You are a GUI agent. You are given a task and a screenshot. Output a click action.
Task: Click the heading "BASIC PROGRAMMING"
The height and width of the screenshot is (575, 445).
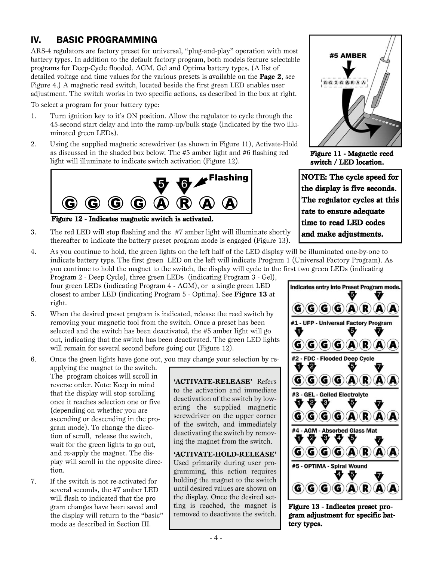[x=107, y=40]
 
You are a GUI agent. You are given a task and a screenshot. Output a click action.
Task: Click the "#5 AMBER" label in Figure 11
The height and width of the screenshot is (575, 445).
[x=348, y=56]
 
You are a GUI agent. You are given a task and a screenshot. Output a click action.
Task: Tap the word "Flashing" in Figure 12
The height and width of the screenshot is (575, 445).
[x=228, y=178]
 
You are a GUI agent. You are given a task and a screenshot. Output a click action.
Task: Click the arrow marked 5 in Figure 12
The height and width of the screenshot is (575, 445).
[x=161, y=185]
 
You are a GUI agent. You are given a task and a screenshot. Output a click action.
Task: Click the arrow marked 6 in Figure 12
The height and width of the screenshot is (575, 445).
[x=184, y=185]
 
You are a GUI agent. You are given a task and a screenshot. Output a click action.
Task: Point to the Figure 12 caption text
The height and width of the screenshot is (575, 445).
[x=132, y=218]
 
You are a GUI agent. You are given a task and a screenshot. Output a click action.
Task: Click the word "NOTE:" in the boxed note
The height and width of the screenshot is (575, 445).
[x=314, y=177]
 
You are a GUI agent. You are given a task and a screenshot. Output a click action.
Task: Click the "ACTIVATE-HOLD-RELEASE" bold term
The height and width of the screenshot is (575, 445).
[x=225, y=454]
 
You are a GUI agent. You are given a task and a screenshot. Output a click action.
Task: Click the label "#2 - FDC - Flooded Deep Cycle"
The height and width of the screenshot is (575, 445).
[x=332, y=359]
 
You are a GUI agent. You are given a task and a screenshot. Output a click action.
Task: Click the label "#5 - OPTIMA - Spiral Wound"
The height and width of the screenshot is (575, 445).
[x=329, y=466]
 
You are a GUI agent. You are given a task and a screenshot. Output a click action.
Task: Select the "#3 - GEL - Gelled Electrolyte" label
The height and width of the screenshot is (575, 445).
[x=329, y=395]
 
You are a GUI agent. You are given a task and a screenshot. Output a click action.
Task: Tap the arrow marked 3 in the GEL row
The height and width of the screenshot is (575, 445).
[x=325, y=404]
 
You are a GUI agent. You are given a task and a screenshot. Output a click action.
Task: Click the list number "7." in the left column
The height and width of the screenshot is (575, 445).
[x=34, y=481]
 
